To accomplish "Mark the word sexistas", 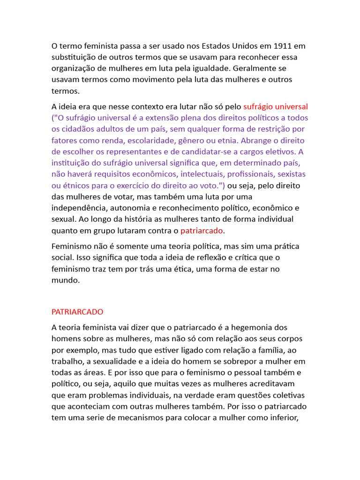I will click(290, 174).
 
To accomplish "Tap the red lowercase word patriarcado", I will click(202, 230).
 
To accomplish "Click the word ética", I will click(219, 269).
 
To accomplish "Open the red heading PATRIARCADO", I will click(77, 312).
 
